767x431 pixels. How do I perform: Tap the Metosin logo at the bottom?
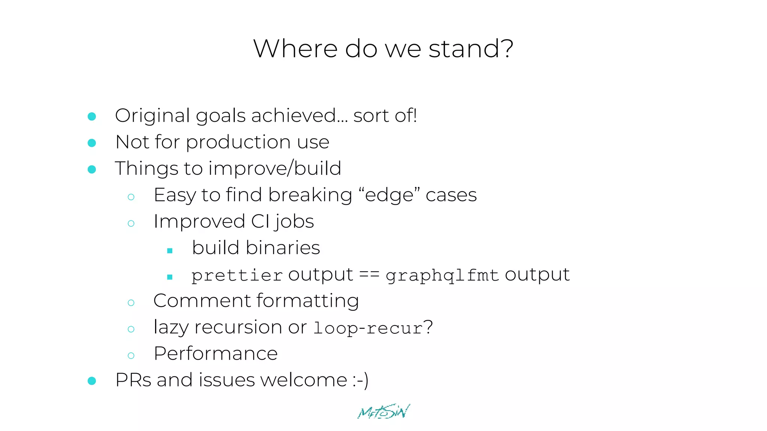pos(384,412)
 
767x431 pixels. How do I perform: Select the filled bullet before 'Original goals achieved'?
pos(92,116)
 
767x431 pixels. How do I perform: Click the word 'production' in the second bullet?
pos(238,143)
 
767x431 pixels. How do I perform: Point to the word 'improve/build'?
pos(275,169)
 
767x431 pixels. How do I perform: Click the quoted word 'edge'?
pos(389,195)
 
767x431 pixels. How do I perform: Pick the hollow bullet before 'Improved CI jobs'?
pos(131,224)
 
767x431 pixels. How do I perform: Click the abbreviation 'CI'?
pos(260,221)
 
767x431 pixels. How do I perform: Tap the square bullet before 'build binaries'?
pos(170,251)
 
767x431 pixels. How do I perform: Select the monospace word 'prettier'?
pos(237,276)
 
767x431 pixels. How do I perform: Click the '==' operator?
pos(369,275)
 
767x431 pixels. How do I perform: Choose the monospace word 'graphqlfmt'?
pos(442,276)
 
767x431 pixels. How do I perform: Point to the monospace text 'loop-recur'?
pos(368,328)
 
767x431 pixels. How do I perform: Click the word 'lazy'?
pos(171,328)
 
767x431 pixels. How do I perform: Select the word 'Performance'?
pos(216,354)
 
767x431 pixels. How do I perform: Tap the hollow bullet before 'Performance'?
pos(131,355)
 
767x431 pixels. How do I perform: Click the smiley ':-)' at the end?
pos(360,380)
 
